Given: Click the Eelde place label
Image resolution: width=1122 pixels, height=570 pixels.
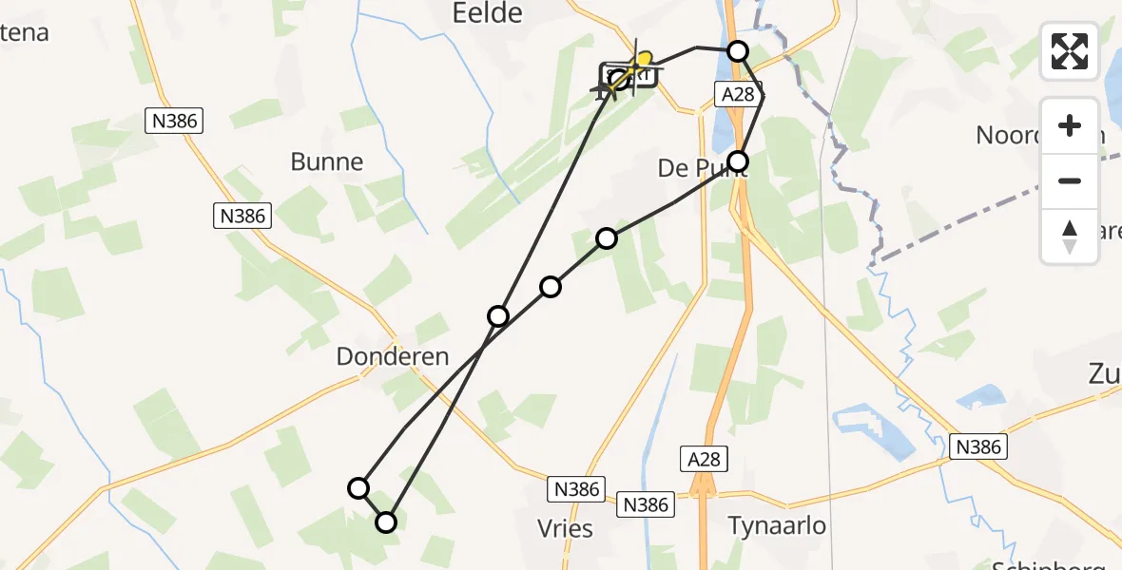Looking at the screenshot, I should click(486, 12).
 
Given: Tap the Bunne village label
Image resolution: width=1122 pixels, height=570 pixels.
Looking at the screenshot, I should click(327, 161).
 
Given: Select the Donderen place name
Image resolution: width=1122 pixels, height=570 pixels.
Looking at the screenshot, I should click(393, 356).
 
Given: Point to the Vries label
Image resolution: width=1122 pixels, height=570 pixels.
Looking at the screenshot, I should click(566, 528).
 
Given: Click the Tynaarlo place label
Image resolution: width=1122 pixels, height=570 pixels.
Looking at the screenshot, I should click(777, 525).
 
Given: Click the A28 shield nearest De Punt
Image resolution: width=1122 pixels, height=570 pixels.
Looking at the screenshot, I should click(735, 93).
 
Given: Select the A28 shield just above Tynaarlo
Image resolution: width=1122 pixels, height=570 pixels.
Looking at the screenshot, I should click(705, 460).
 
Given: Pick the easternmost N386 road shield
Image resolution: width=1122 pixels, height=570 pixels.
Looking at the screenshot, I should click(978, 446).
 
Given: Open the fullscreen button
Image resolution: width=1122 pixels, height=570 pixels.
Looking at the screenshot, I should click(1070, 51).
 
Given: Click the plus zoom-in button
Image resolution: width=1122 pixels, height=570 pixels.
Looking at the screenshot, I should click(1070, 125).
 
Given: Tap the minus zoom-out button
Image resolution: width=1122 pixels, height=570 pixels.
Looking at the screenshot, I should click(1070, 180).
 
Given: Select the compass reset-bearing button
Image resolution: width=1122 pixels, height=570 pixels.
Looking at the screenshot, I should click(1070, 236).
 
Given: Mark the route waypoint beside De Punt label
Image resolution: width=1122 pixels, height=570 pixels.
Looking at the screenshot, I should click(738, 161).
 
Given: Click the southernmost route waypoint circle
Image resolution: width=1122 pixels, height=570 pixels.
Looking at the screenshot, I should click(386, 522).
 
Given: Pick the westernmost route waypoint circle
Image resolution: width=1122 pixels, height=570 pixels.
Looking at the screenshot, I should click(358, 488).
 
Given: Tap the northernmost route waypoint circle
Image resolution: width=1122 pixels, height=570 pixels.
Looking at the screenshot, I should click(738, 51).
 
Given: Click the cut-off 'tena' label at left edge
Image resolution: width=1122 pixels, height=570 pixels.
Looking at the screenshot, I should click(23, 33).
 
